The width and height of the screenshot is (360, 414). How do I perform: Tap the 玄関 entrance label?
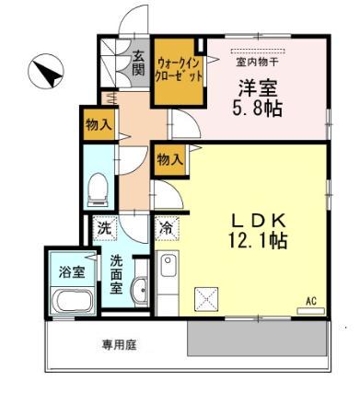point(137,63)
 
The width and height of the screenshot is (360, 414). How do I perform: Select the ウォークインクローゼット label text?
point(180,69)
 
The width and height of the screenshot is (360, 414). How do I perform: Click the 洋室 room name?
point(258,90)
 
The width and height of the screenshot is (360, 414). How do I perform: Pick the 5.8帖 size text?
point(258,109)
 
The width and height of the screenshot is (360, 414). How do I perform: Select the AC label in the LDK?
point(310,301)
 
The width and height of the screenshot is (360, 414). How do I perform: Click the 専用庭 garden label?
point(119,346)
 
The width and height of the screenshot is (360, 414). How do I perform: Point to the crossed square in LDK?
point(205,297)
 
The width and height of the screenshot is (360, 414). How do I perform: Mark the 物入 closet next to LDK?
point(169,159)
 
